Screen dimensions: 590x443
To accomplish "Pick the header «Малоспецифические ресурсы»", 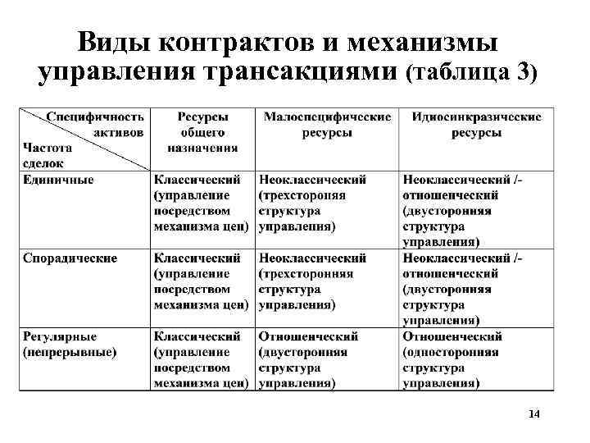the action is (x=326, y=125).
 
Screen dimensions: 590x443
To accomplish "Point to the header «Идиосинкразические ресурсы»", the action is (x=476, y=125).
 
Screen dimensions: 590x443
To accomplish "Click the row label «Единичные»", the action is (x=58, y=180).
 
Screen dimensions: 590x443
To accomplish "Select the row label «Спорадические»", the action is (x=70, y=258).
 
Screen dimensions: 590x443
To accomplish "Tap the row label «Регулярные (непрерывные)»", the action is (x=69, y=344).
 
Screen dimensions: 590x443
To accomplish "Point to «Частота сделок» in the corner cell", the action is (x=48, y=155).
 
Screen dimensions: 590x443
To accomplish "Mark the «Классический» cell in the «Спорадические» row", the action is (x=201, y=281).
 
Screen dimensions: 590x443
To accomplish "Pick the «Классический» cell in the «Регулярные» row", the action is (x=201, y=359).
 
